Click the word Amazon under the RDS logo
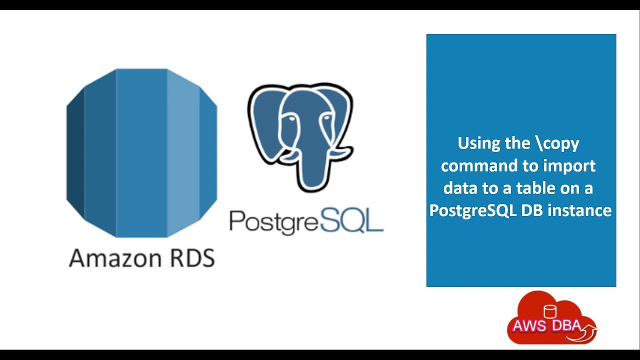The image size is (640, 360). point(108,258)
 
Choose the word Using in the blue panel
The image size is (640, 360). point(478,143)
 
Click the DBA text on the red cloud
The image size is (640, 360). point(566,326)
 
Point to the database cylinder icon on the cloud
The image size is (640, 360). point(550,311)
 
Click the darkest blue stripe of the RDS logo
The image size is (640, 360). point(75,152)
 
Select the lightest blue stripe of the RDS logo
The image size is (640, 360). point(183,152)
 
